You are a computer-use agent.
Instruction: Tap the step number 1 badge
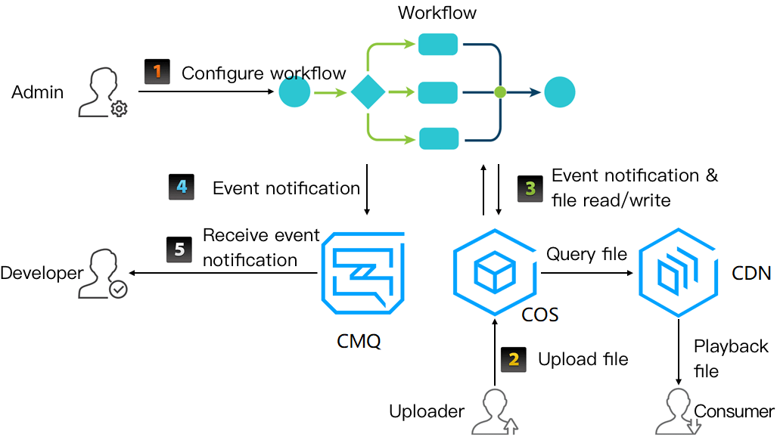pos(158,73)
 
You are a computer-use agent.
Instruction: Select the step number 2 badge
pos(514,358)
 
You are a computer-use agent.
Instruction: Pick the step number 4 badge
pos(182,187)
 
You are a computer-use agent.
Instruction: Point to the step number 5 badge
pos(179,249)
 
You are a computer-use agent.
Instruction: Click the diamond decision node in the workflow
pos(368,92)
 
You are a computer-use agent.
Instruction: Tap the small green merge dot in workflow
pos(499,92)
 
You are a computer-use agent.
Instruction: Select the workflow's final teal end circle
pos(559,92)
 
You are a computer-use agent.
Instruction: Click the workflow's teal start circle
pos(294,93)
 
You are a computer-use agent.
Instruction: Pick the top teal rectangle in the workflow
pos(438,45)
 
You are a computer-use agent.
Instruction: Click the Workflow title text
pos(437,13)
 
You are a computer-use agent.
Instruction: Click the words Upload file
pos(583,359)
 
